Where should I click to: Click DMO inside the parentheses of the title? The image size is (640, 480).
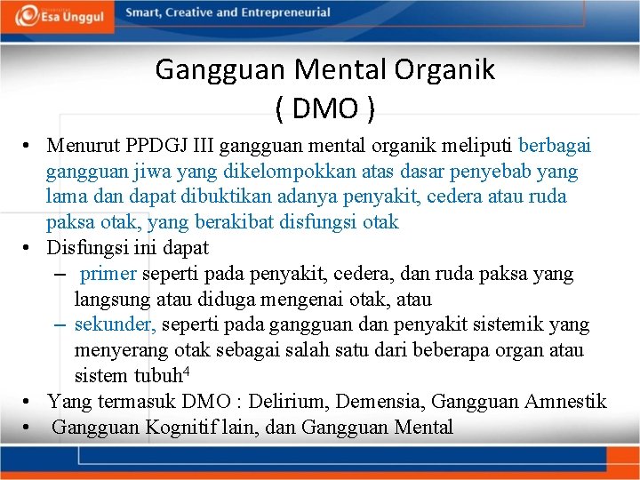[x=325, y=108]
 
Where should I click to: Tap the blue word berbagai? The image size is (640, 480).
[x=556, y=145]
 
